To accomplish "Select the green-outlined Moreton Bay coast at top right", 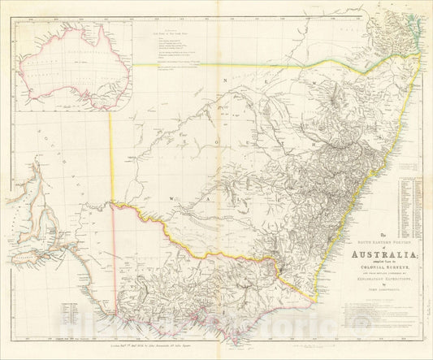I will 415,37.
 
